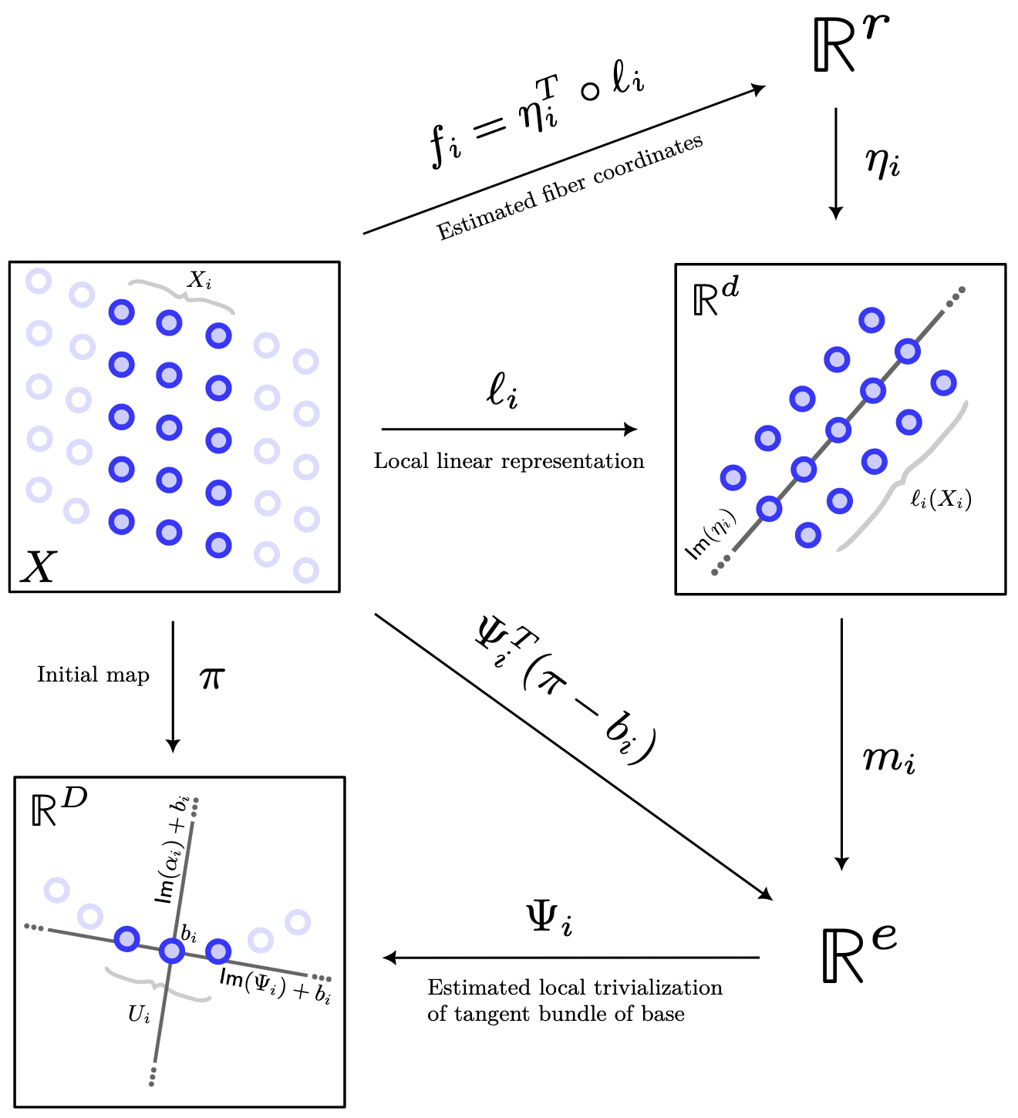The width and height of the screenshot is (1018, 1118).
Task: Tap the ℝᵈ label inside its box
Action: point(716,297)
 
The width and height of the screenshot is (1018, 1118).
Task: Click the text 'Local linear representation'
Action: point(509,461)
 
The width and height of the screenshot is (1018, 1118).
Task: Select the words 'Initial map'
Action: point(93,675)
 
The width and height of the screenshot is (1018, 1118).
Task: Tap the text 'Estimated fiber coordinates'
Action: point(570,187)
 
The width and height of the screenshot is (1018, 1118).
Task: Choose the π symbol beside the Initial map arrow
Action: point(212,678)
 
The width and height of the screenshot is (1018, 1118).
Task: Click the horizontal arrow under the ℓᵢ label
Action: point(509,429)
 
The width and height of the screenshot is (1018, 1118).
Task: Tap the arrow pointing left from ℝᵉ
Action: point(571,958)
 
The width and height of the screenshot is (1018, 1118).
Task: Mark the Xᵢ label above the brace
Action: point(199,281)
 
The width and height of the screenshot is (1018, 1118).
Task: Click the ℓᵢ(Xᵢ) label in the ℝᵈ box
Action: point(940,500)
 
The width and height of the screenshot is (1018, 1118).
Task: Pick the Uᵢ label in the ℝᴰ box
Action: point(140,1015)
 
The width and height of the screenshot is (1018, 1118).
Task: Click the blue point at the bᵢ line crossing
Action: point(171,950)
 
